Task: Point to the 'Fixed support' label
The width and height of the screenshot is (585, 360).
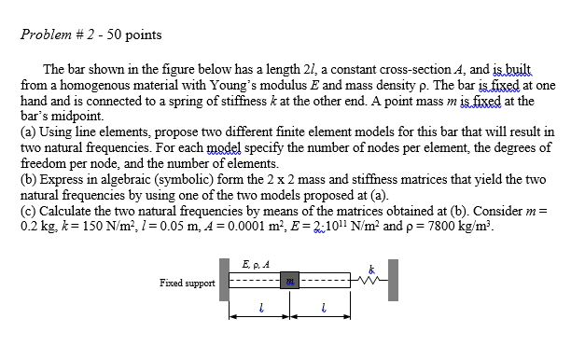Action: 187,284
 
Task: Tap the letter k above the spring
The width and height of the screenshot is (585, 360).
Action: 371,267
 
